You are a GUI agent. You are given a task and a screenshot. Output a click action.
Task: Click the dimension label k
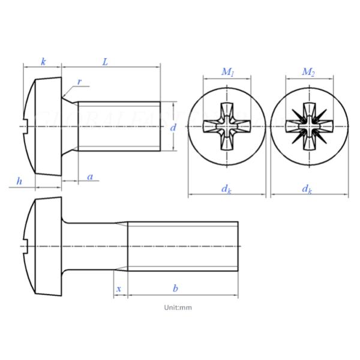pyautogui.click(x=43, y=62)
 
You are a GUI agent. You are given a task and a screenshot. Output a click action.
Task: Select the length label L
pyautogui.click(x=105, y=62)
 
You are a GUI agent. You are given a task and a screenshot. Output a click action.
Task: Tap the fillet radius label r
pyautogui.click(x=79, y=82)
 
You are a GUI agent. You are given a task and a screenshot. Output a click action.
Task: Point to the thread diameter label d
pyautogui.click(x=173, y=127)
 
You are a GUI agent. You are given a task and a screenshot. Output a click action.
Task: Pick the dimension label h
pyautogui.click(x=19, y=181)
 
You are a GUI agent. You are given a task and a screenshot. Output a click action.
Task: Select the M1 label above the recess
pyautogui.click(x=227, y=72)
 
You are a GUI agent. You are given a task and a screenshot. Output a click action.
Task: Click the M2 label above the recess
pyautogui.click(x=308, y=72)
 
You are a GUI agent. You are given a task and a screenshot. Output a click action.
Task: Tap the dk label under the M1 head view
pyautogui.click(x=226, y=189)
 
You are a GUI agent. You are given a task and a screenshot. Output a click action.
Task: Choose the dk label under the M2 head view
pyautogui.click(x=307, y=189)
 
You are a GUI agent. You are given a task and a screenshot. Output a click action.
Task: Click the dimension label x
pyautogui.click(x=119, y=289)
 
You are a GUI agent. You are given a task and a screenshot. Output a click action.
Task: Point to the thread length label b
pyautogui.click(x=175, y=289)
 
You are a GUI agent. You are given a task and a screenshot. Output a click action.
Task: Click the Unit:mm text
pyautogui.click(x=178, y=307)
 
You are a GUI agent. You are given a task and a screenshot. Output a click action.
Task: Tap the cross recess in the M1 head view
pyautogui.click(x=227, y=127)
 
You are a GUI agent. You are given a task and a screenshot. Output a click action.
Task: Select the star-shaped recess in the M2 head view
pyautogui.click(x=308, y=127)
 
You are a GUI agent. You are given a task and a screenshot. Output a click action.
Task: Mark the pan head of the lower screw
pyautogui.click(x=44, y=247)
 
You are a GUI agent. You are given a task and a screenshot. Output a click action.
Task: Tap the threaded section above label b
pyautogui.click(x=183, y=247)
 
